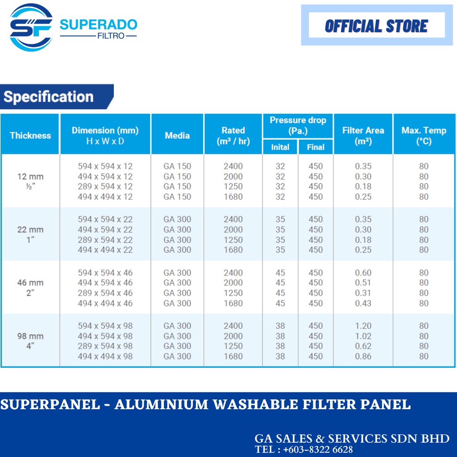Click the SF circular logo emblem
(x=31, y=27)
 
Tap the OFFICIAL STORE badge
(x=377, y=25)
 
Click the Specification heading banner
(x=57, y=96)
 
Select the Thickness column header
(x=30, y=136)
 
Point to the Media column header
(x=177, y=136)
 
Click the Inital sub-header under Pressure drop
(x=280, y=147)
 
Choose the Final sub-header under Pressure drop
(x=316, y=147)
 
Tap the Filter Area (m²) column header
(x=363, y=136)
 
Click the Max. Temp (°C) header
(x=424, y=136)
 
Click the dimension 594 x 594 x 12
(x=105, y=166)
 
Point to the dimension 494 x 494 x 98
(x=105, y=356)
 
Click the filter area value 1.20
(x=363, y=325)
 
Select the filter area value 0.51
(x=363, y=283)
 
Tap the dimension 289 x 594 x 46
(x=105, y=293)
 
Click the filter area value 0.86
(x=363, y=356)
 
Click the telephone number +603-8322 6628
(x=318, y=449)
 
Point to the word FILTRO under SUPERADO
(x=111, y=36)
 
